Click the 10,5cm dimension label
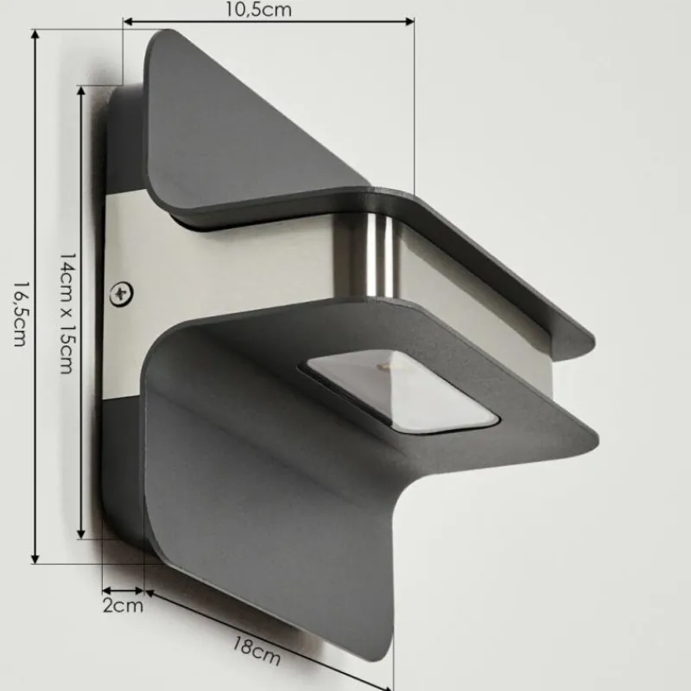258,10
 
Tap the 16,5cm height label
19,314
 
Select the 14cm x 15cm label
68,314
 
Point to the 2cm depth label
123,605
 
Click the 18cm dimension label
256,651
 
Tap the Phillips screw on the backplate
122,294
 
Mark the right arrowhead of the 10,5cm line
409,21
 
